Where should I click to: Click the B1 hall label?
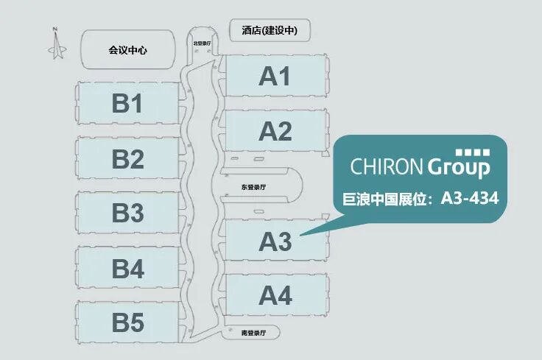pos(127,105)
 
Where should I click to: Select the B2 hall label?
pos(127,158)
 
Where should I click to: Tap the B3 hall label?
pos(127,213)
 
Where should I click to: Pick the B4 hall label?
pos(127,269)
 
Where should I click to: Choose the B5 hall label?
pos(127,323)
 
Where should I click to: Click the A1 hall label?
pos(275,77)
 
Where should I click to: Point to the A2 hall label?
pos(275,132)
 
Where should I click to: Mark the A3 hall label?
pos(275,241)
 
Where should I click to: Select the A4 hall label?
pos(275,296)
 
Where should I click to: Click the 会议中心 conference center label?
pos(127,50)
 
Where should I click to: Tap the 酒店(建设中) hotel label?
pos(270,30)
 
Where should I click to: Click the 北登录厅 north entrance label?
pos(202,43)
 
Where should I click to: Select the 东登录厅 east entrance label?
pos(253,188)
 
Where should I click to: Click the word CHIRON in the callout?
pos(387,166)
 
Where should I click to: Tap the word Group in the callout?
pos(459,168)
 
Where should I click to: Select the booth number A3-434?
pos(471,198)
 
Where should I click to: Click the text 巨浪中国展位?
pos(390,198)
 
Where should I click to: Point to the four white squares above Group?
pos(473,152)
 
